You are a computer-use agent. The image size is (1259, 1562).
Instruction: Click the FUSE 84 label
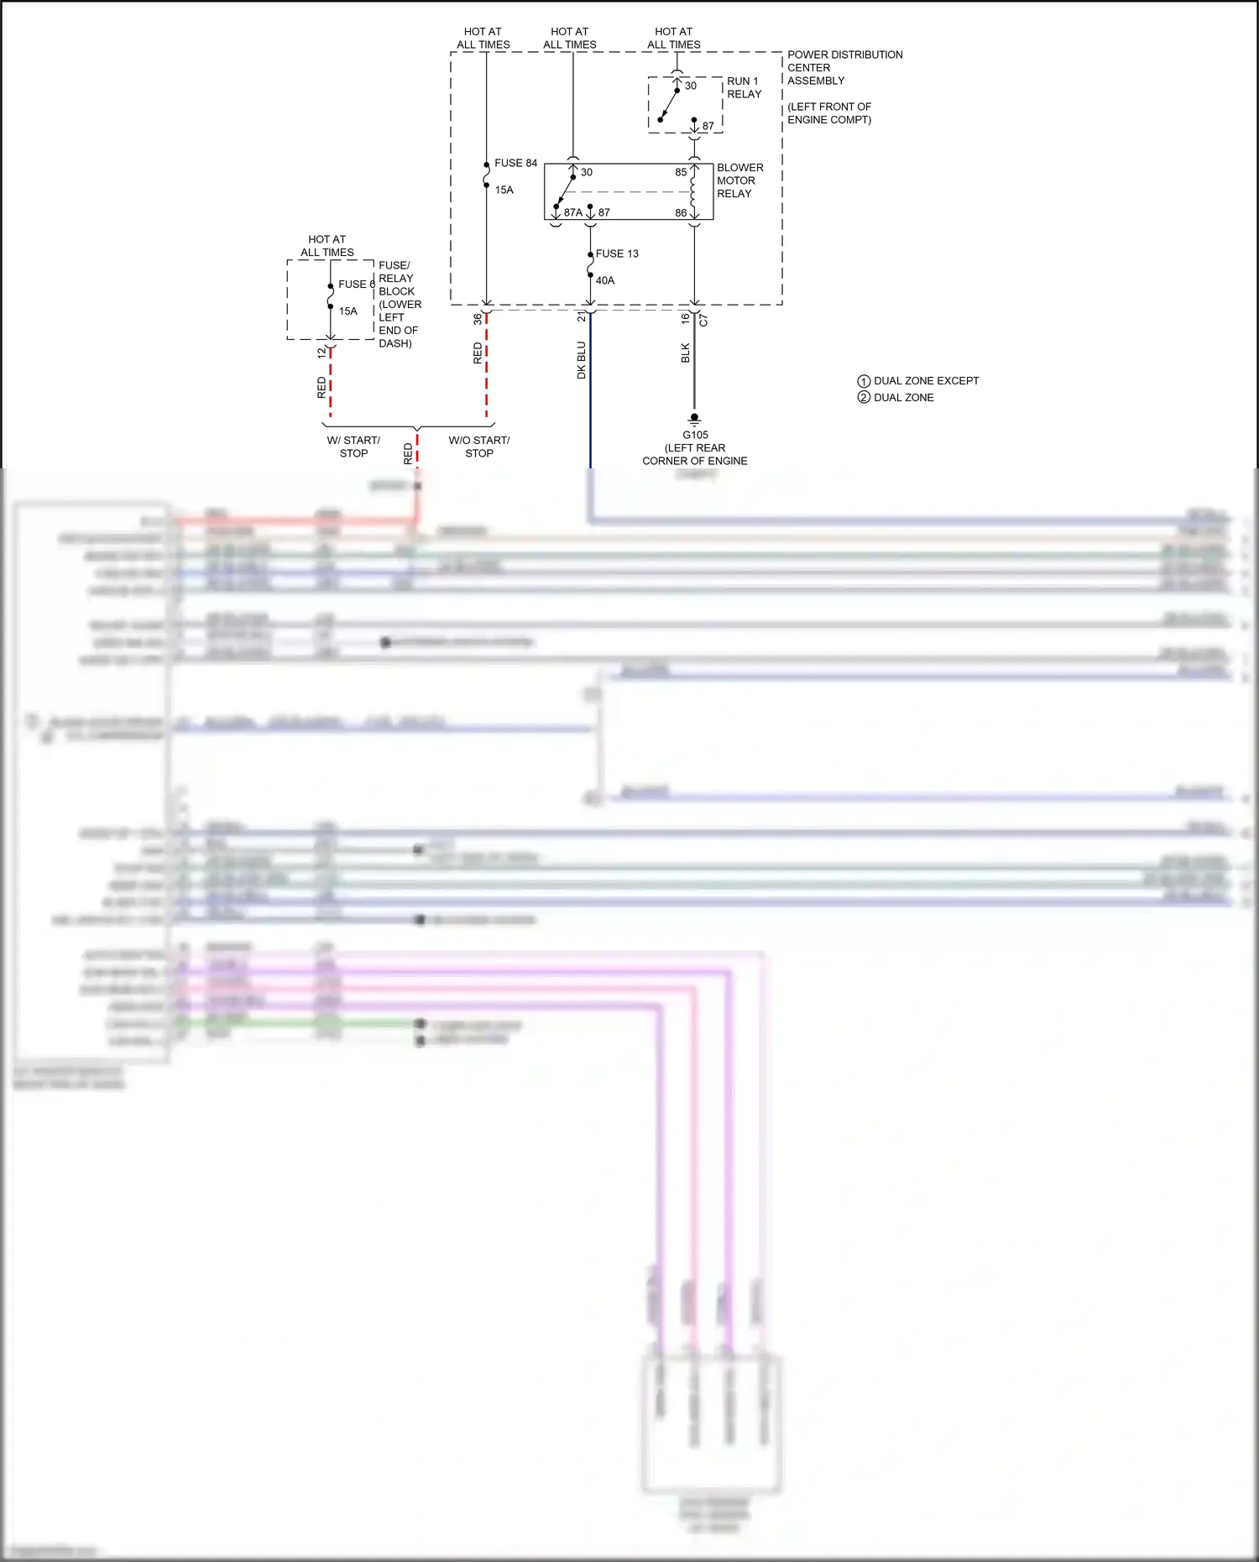coord(515,163)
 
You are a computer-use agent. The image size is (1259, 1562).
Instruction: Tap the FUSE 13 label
coord(617,253)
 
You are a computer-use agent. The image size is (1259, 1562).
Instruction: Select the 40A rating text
coord(605,280)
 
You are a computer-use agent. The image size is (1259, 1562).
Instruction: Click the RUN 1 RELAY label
coord(744,87)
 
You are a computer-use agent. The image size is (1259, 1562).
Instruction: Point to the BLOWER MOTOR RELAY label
coord(739,180)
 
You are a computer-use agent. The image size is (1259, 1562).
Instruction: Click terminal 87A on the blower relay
coord(572,212)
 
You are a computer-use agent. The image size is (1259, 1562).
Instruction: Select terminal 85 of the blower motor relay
coord(681,172)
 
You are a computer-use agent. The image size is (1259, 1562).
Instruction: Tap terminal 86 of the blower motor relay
coord(681,212)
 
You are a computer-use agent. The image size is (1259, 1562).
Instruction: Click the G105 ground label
coord(695,435)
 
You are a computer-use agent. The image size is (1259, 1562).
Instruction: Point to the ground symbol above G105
coord(694,419)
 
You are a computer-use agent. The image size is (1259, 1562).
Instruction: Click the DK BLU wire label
coord(581,359)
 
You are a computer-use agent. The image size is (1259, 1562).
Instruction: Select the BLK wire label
coord(685,353)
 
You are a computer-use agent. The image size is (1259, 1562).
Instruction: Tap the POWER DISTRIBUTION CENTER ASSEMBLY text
coord(844,67)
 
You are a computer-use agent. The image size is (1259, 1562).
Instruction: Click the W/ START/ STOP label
coord(353,447)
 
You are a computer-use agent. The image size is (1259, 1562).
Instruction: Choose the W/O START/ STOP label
coord(479,447)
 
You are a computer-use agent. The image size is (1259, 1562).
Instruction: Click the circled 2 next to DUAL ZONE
coord(864,397)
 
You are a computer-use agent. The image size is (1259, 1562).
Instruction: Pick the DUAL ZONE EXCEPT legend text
coord(926,380)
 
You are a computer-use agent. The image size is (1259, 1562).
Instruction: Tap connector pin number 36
coord(478,319)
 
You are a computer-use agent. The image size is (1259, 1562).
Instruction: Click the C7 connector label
coord(703,320)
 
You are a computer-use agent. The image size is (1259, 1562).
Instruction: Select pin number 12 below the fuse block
coord(321,353)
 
